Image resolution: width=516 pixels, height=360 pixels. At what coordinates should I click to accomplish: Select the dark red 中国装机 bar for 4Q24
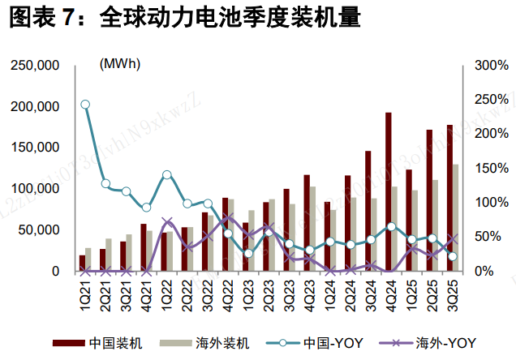point(389,191)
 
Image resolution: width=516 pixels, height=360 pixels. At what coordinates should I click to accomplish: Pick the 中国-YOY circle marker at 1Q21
point(85,105)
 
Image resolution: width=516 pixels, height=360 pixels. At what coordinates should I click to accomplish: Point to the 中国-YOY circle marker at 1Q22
point(167,175)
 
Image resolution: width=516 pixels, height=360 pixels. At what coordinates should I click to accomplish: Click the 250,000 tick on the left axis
point(36,65)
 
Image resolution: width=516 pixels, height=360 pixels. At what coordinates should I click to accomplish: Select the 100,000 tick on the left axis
point(36,189)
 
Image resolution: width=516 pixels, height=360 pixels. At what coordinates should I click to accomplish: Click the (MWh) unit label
point(119,63)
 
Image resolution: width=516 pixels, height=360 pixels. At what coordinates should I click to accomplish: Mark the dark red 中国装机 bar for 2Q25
point(429,200)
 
